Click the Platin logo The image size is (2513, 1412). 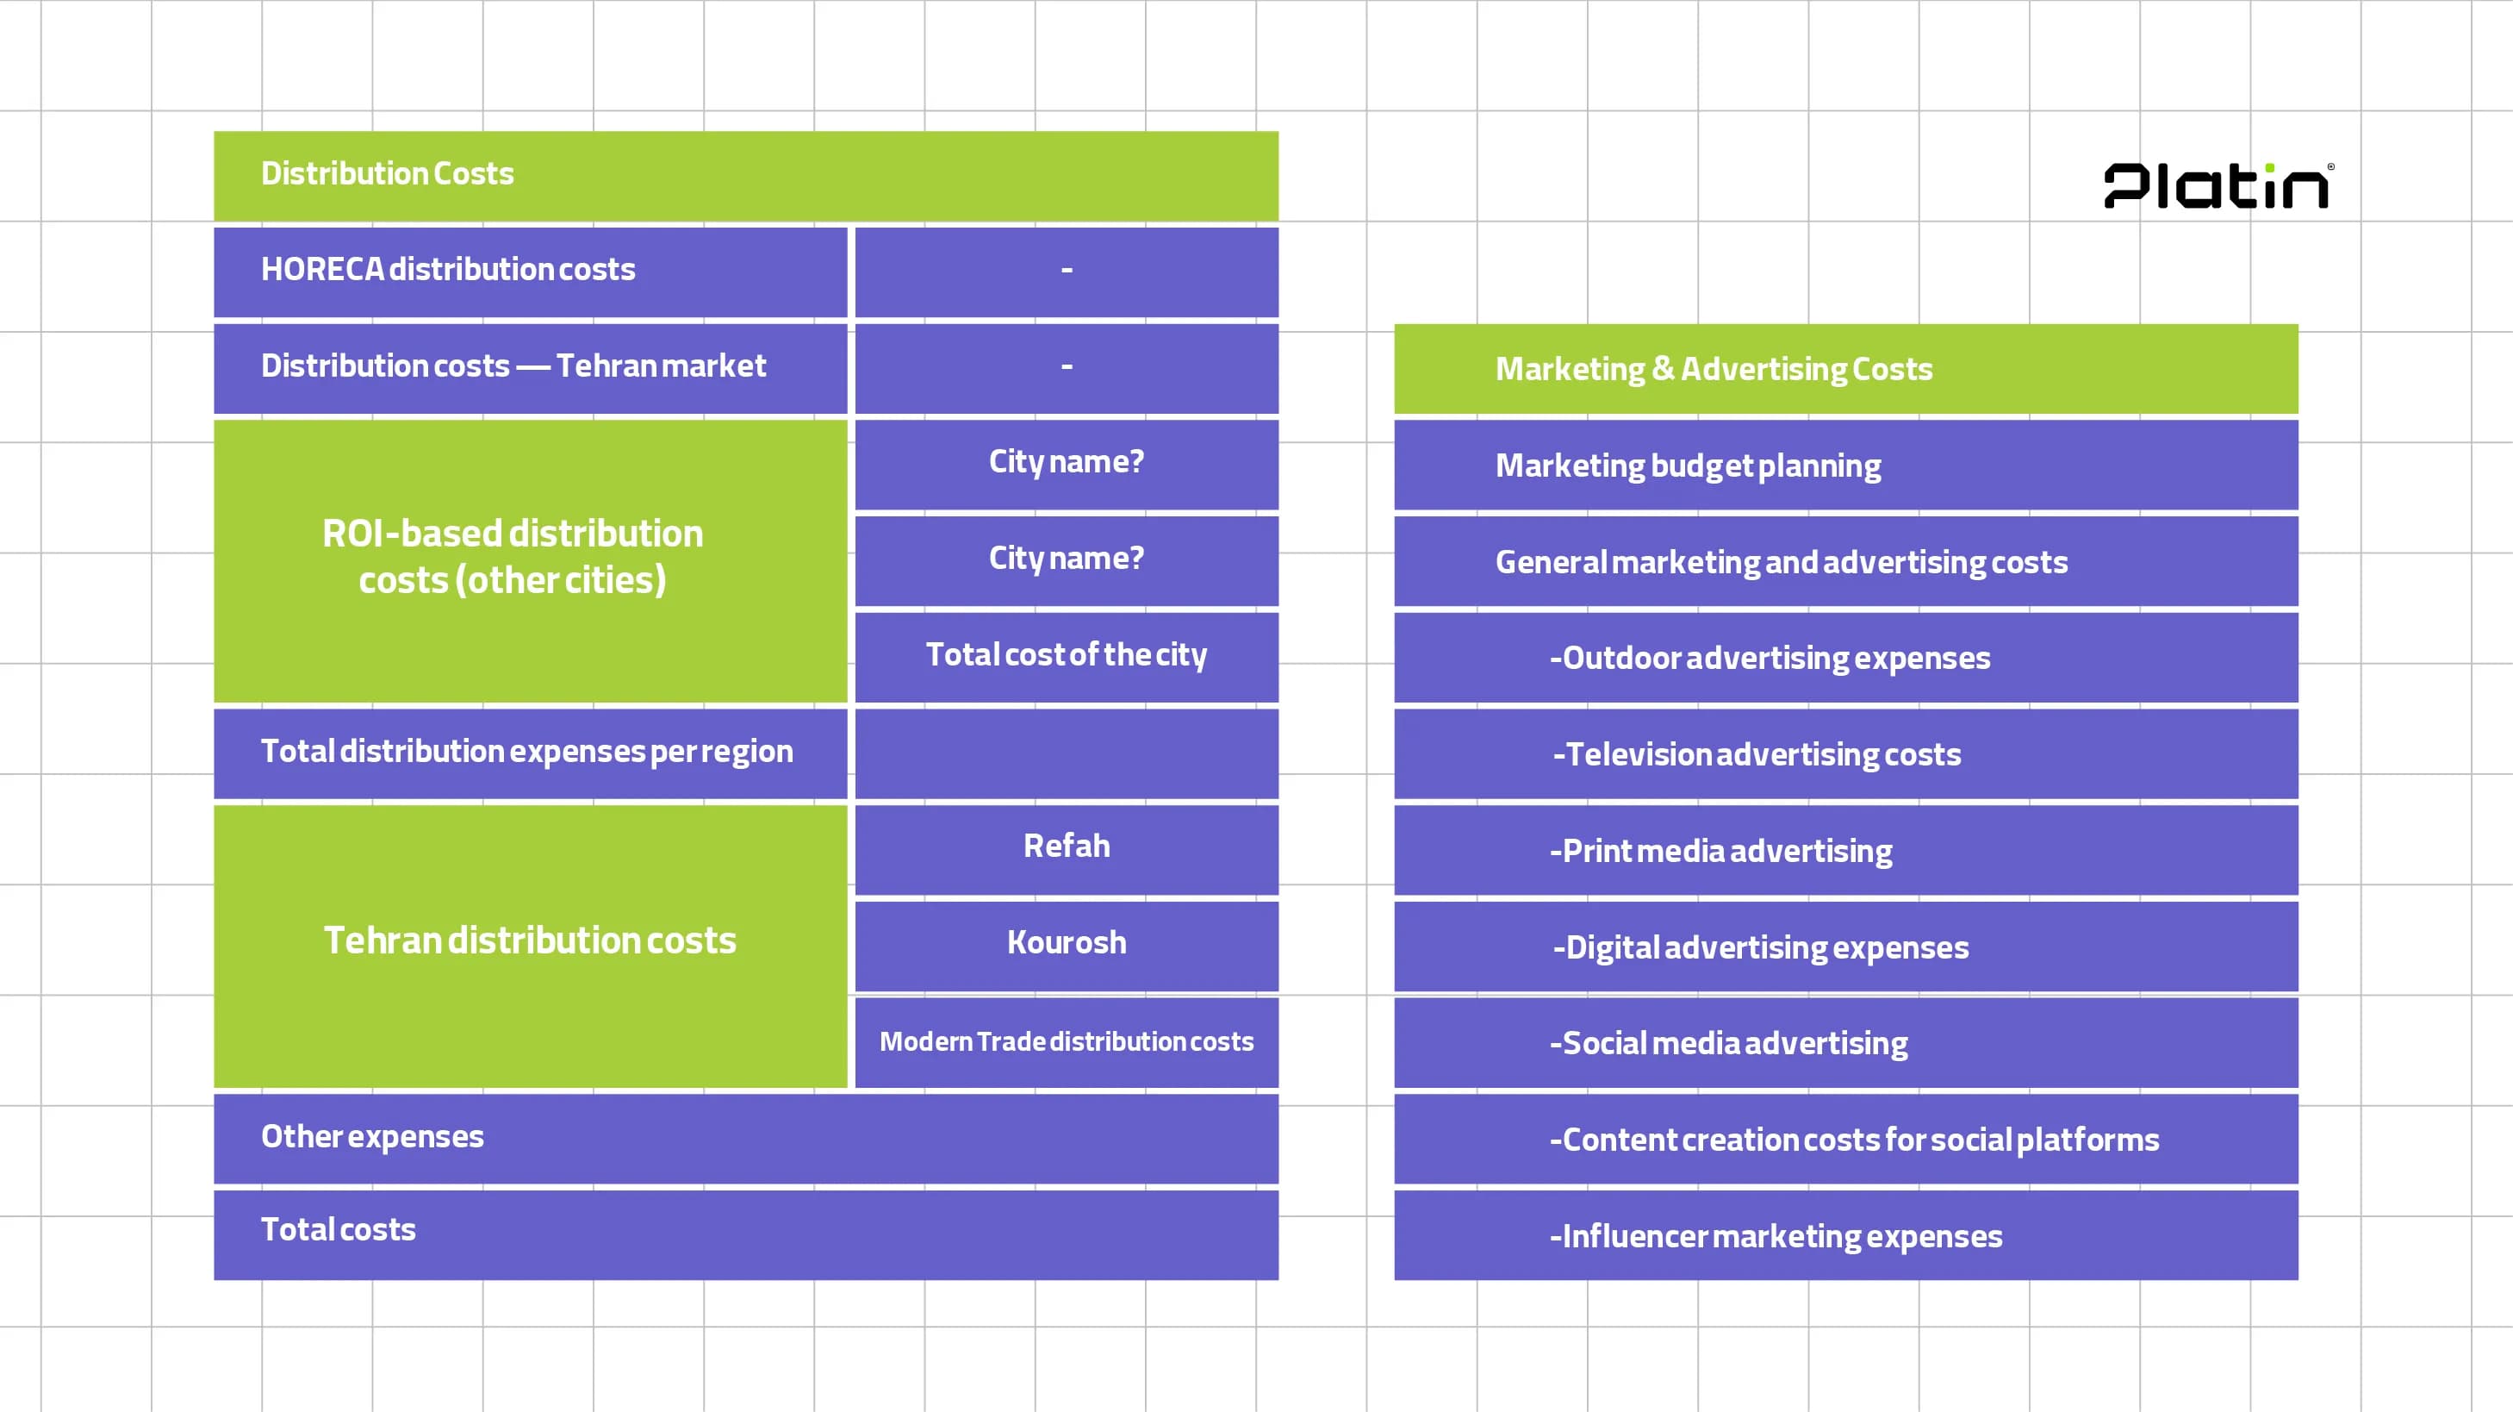(x=2218, y=185)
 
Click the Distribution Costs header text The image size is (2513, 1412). (x=388, y=173)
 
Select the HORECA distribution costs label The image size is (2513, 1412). (x=448, y=269)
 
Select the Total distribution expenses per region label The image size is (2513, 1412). (x=526, y=752)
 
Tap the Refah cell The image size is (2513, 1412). (x=1067, y=846)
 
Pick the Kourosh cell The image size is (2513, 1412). (x=1067, y=943)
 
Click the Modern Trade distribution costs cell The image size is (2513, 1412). (x=1067, y=1041)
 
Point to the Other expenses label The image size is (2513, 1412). (x=373, y=1137)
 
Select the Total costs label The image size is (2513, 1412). (x=339, y=1229)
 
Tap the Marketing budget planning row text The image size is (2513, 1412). (x=1688, y=465)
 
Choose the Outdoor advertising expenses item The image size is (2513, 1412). (x=1770, y=658)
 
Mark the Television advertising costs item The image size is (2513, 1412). (x=1756, y=754)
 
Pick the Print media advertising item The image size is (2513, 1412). (x=1721, y=851)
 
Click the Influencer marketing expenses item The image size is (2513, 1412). (x=1776, y=1236)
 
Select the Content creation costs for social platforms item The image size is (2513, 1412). (x=1854, y=1140)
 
